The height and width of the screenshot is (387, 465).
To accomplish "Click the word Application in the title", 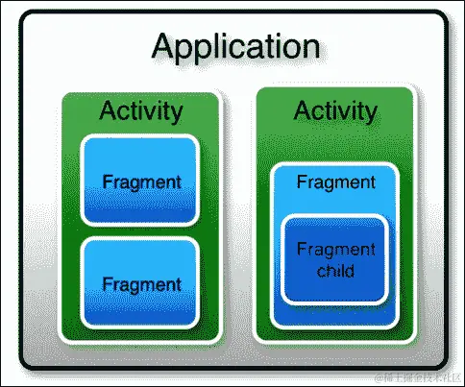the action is [236, 48].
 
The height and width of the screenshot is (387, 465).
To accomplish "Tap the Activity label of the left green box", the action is [141, 111].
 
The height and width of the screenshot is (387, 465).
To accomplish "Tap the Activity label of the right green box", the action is [335, 111].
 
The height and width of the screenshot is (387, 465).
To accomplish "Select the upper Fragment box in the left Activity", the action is [140, 181].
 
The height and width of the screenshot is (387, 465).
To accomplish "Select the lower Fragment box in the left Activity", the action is [140, 283].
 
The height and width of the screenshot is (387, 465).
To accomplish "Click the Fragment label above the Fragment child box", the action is [336, 182].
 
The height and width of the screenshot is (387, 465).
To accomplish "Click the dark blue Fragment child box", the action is [334, 259].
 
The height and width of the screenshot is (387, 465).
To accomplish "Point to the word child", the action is [335, 271].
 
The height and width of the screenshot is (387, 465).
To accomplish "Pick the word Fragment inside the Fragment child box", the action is [336, 250].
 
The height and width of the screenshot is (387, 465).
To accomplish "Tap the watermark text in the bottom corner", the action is [419, 378].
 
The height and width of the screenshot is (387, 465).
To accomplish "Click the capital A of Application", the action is [164, 46].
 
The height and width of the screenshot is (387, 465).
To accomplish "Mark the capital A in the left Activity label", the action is [108, 110].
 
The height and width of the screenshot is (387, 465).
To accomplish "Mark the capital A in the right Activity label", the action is [303, 110].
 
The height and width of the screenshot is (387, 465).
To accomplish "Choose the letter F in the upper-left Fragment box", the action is [108, 181].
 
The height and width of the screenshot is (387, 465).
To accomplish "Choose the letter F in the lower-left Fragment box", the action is [108, 284].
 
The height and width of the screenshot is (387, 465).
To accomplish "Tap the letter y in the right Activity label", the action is [370, 114].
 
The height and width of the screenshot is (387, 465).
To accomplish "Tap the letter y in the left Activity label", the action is [175, 114].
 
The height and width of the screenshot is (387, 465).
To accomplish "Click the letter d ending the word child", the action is [350, 271].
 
